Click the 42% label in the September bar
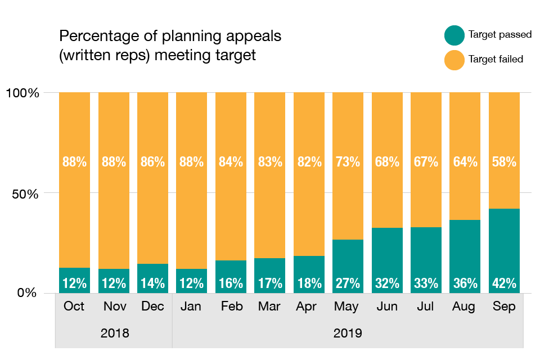click(504, 283)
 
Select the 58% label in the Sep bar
click(504, 162)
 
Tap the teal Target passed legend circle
click(454, 35)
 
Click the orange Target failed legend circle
click(454, 59)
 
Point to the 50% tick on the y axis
click(24, 193)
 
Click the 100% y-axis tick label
click(22, 93)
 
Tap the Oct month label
click(74, 307)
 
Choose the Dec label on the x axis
click(152, 307)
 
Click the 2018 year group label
click(114, 333)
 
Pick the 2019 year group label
click(348, 333)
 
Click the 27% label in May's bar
click(348, 283)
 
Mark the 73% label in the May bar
click(348, 162)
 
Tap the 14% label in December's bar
click(152, 283)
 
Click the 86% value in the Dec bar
click(152, 162)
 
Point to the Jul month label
click(426, 307)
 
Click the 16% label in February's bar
click(231, 283)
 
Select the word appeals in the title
click(253, 37)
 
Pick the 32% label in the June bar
click(387, 283)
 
